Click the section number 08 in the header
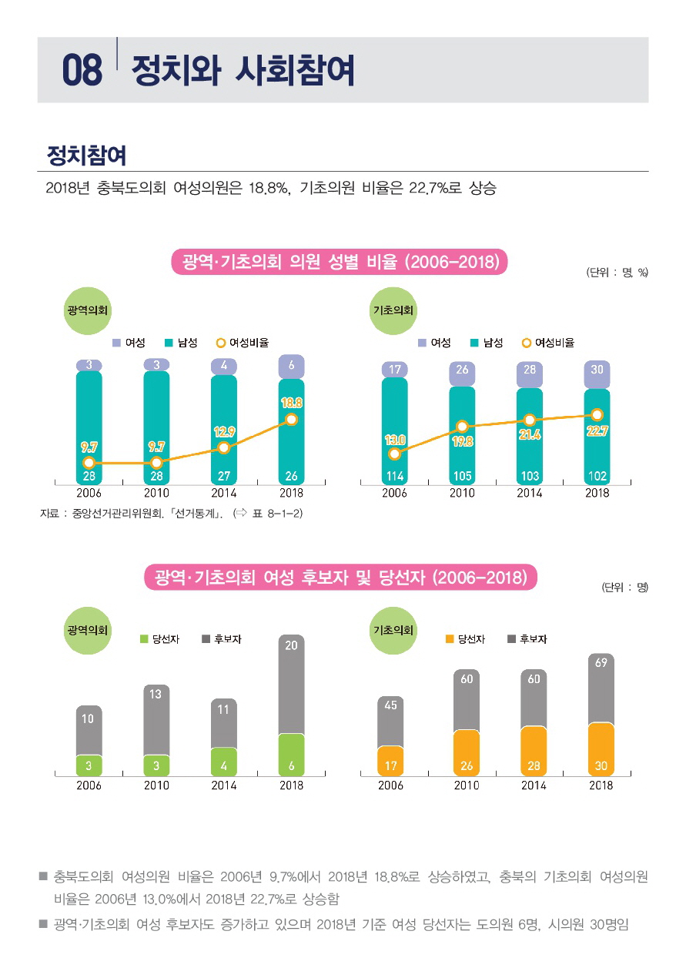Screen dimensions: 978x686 [x=82, y=71]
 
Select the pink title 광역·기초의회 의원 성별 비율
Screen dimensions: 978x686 [x=340, y=262]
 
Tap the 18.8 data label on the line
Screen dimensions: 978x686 [x=291, y=402]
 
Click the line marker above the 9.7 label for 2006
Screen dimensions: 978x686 [x=89, y=463]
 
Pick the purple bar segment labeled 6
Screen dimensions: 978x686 [x=291, y=367]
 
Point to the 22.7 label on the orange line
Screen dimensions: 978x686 [x=597, y=431]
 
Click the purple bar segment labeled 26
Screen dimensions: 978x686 [x=462, y=370]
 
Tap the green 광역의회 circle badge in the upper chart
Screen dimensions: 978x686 [x=88, y=310]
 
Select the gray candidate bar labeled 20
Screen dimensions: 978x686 [x=291, y=684]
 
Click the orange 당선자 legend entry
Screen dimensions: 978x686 [x=465, y=639]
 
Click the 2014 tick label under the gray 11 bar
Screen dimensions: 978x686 [x=223, y=785]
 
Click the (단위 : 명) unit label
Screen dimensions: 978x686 [x=624, y=587]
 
